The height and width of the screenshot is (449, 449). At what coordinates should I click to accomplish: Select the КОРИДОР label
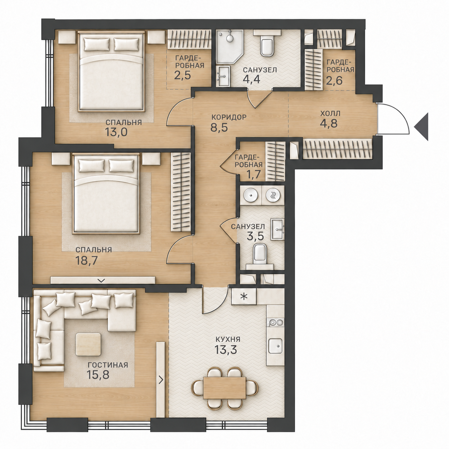click(x=229, y=117)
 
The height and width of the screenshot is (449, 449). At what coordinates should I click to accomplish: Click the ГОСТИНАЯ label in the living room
click(x=108, y=364)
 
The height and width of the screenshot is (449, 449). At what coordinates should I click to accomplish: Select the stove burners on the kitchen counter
click(x=276, y=323)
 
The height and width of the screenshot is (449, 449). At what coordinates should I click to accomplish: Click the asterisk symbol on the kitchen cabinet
click(x=243, y=296)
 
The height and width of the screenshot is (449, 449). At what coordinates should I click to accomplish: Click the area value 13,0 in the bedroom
click(x=116, y=132)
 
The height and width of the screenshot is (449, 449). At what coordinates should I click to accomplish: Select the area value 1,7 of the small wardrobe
click(x=254, y=174)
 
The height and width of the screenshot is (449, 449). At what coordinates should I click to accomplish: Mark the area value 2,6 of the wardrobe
click(x=334, y=81)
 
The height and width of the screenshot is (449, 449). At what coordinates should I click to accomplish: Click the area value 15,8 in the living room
click(x=98, y=375)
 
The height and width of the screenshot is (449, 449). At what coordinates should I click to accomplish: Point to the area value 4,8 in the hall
click(x=329, y=123)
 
